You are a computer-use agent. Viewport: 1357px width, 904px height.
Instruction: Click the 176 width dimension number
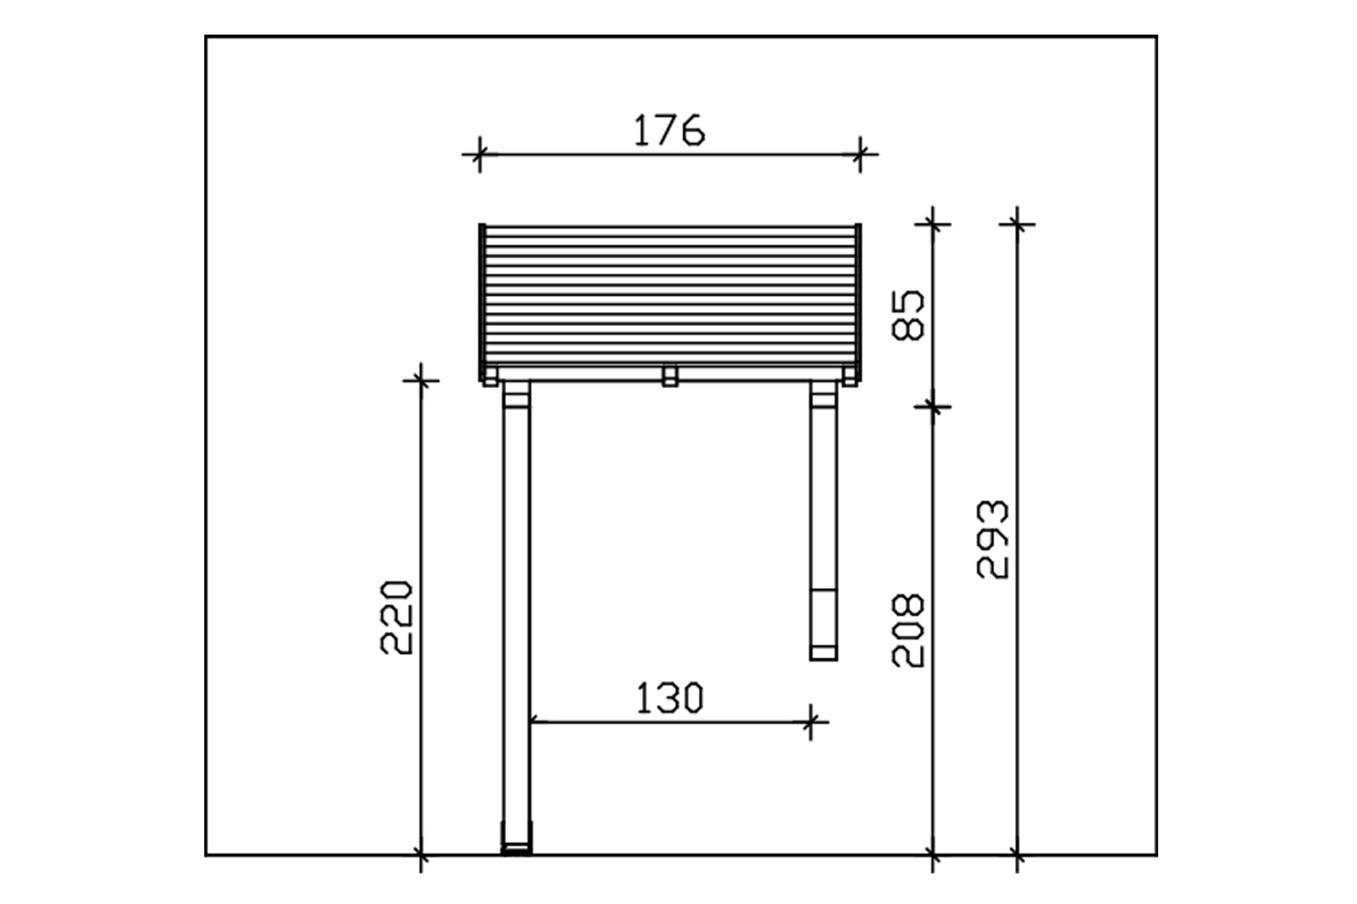pos(669,131)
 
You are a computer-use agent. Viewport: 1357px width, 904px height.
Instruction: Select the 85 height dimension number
pos(907,315)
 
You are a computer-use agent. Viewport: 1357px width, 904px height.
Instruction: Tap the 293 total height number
pos(993,539)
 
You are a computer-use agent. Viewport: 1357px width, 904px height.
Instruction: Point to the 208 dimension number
pos(908,631)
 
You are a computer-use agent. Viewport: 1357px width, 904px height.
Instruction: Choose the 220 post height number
pos(396,617)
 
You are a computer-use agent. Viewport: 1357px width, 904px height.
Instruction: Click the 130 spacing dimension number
pos(670,699)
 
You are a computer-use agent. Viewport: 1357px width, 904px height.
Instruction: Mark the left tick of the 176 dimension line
pos(480,155)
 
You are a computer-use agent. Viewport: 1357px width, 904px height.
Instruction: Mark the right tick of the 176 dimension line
pos(860,155)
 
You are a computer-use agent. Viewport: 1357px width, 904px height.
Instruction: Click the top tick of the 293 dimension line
pos(1017,223)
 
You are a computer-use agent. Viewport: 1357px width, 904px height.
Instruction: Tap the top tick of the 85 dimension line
pos(933,223)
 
